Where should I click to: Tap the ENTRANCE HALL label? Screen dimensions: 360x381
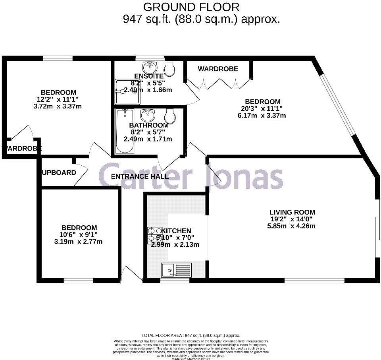point(139,176)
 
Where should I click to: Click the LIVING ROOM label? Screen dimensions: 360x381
point(292,212)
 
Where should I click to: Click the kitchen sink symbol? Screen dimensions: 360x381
point(176,271)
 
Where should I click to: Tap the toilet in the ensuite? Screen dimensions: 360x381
point(169,69)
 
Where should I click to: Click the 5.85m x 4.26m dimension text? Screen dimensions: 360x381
point(292,226)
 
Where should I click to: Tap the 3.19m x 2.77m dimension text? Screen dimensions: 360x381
point(78,241)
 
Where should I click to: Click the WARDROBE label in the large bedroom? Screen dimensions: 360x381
point(218,69)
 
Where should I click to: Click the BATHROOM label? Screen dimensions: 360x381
point(148,125)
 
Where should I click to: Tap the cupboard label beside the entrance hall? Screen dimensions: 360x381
point(59,172)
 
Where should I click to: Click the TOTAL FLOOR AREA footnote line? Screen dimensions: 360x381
point(191,335)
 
